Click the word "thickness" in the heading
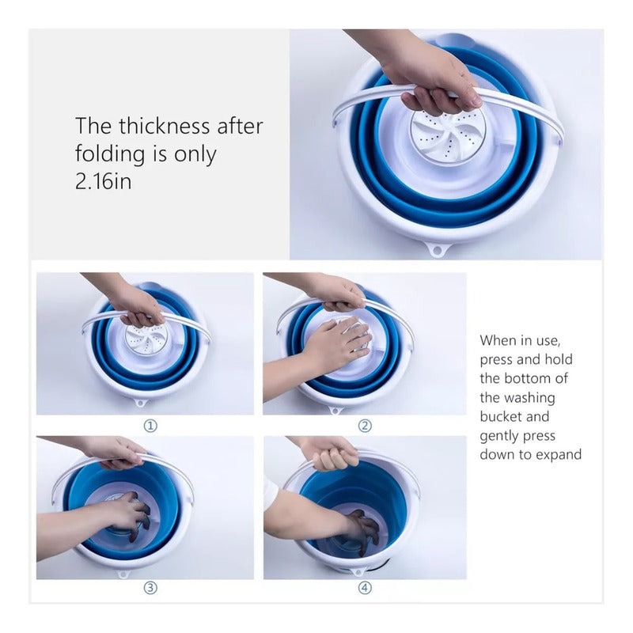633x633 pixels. tap(164, 126)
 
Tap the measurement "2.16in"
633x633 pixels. tap(104, 181)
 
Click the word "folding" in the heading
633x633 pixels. tap(110, 154)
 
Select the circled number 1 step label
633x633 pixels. tap(150, 426)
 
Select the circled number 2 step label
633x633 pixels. tap(365, 426)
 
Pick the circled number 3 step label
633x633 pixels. tap(150, 588)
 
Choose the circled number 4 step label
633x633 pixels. tap(365, 588)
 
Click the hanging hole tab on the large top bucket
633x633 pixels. tap(437, 249)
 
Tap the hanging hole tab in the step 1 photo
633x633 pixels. tap(141, 403)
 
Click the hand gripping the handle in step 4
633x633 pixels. tap(332, 455)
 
